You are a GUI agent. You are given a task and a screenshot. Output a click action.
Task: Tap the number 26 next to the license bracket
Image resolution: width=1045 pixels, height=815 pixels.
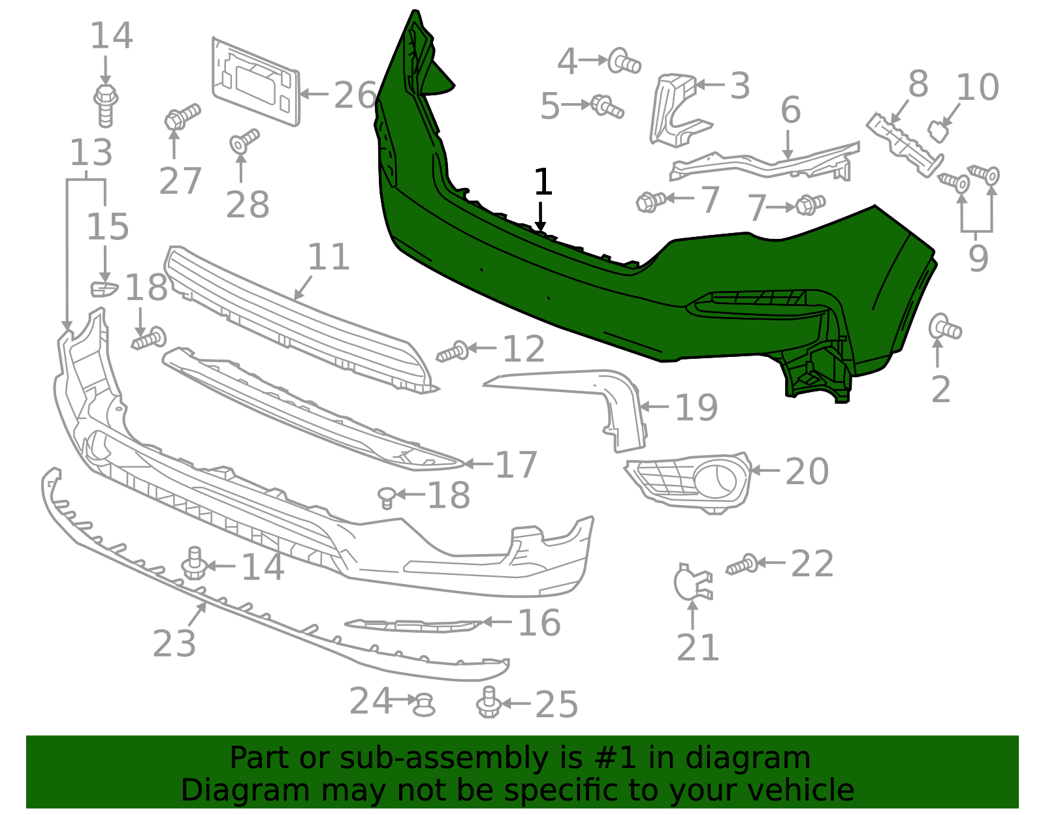[355, 95]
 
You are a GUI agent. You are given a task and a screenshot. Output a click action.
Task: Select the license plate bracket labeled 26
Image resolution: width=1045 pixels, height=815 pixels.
[256, 82]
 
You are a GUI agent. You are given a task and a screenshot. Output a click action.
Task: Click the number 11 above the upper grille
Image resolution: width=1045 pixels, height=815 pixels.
[329, 257]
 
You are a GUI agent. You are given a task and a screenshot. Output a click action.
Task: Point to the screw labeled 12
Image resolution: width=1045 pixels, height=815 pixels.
[453, 352]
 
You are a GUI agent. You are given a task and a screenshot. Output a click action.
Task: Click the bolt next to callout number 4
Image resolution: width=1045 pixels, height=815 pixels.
[624, 62]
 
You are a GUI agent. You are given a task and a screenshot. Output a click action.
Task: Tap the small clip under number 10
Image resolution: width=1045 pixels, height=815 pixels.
[939, 131]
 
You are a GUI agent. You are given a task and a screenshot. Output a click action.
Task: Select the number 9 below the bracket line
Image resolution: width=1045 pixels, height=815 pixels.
[978, 258]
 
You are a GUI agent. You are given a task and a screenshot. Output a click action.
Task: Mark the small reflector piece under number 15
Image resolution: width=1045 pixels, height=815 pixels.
[104, 288]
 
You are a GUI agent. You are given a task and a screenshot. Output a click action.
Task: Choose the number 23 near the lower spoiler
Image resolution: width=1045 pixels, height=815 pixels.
[174, 644]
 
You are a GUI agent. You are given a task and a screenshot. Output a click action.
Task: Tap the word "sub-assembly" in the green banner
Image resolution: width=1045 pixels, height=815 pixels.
[448, 759]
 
